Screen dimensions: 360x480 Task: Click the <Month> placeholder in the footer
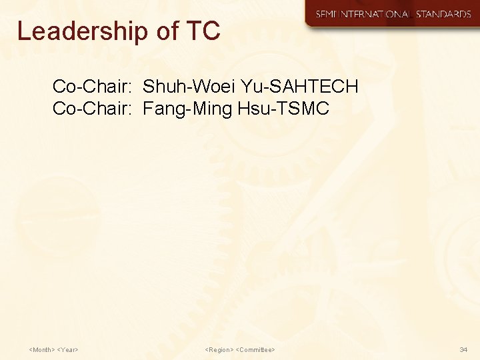point(42,349)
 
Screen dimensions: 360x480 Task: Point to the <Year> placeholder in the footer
point(69,349)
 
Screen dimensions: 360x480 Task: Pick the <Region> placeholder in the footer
point(219,349)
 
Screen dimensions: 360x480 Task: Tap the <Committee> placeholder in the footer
point(256,349)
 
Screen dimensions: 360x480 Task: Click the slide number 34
point(463,349)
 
